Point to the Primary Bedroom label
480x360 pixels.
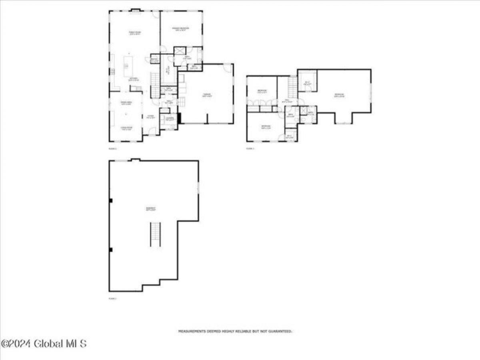click(x=180, y=28)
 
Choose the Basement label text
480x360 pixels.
click(x=150, y=208)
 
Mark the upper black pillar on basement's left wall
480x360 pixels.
click(x=111, y=200)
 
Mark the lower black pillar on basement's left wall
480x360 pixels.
click(x=111, y=250)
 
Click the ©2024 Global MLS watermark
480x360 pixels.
click(x=44, y=344)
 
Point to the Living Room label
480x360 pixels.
click(x=126, y=129)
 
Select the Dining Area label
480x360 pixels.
click(x=126, y=103)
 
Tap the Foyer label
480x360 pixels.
click(x=150, y=117)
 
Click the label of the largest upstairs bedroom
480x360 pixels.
click(x=339, y=95)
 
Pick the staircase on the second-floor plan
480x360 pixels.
click(x=293, y=85)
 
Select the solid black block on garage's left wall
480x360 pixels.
click(x=180, y=118)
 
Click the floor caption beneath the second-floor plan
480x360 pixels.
click(x=250, y=148)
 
